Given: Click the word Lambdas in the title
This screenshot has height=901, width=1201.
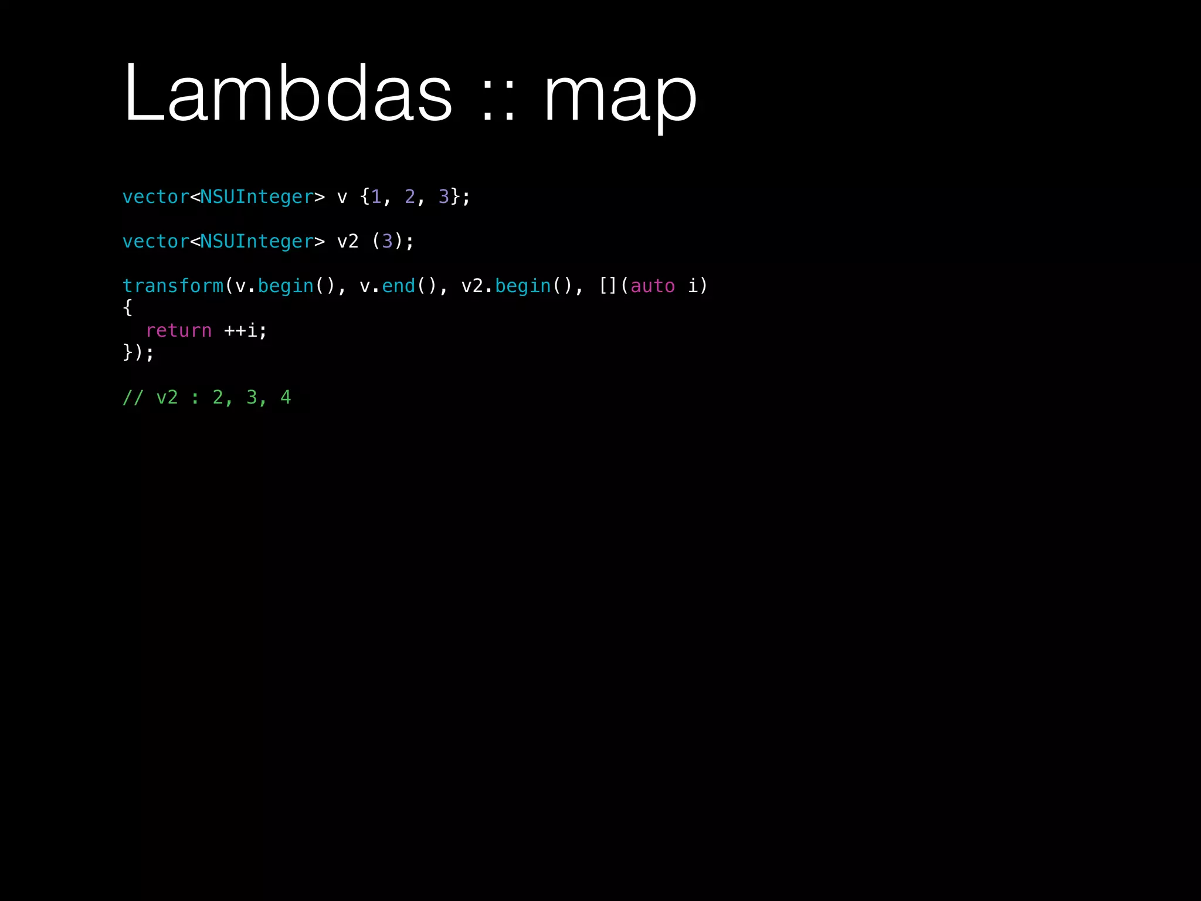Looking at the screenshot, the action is click(287, 94).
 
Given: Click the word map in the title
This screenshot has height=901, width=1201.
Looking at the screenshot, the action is click(620, 97).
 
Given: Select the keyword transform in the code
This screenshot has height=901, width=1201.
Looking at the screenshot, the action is click(172, 286).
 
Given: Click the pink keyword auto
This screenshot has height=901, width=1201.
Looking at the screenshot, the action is click(652, 286).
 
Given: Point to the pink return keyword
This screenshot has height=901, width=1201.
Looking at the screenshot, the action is click(178, 331).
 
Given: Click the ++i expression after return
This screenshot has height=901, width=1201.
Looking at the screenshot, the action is click(245, 331).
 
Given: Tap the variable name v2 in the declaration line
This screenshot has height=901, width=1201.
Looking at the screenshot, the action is click(348, 242).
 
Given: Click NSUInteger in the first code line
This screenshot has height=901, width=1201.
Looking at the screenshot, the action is click(257, 197).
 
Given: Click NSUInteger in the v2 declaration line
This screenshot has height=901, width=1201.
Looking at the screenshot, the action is click(257, 242).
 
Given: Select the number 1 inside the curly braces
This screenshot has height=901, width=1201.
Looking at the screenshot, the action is click(376, 197).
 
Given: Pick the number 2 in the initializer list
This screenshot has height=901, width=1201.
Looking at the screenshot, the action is click(410, 197).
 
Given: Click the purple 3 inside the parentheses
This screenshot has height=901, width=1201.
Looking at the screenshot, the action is click(387, 242).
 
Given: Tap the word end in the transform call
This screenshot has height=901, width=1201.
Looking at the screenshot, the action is click(399, 286).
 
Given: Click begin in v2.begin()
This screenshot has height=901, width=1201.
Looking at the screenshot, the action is click(523, 286).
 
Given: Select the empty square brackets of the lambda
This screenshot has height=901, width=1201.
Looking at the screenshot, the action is click(608, 286).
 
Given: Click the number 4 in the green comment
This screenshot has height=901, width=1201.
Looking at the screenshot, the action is click(286, 398).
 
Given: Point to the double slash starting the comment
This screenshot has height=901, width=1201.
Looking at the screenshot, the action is click(133, 398).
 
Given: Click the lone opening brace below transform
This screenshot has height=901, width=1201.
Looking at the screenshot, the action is click(128, 308).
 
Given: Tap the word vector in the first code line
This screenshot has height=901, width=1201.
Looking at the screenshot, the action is click(155, 197).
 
